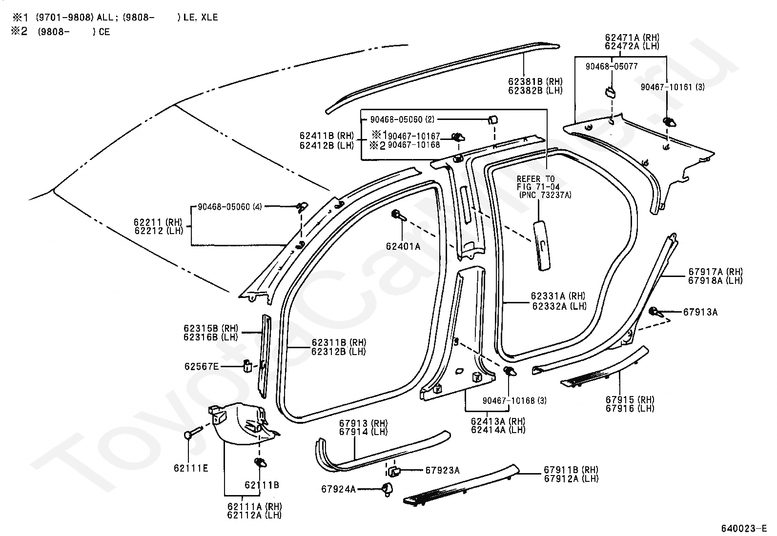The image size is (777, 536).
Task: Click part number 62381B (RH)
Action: point(535,81)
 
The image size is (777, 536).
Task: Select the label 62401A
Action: point(403,246)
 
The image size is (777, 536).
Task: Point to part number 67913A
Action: point(700,312)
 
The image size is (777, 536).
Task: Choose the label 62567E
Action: point(202,366)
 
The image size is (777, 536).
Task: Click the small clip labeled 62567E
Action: point(247,365)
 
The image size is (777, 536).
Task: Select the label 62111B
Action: point(262,485)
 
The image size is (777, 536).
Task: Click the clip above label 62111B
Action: point(260,462)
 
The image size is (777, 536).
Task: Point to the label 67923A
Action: point(442,470)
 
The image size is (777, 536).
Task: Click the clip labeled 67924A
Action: point(387,489)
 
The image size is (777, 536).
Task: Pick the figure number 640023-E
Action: point(744,528)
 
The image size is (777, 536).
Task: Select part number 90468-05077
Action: point(611,66)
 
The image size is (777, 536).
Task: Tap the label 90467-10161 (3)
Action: point(673,87)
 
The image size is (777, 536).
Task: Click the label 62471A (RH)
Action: point(632,38)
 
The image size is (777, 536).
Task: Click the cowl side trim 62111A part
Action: point(243,423)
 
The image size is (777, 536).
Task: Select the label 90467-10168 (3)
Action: point(514,400)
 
